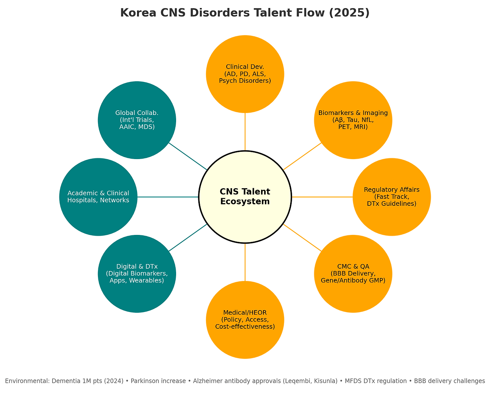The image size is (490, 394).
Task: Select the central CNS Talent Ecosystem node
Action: point(245,197)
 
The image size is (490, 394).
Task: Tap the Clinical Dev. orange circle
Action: point(245,57)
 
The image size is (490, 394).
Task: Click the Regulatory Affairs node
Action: point(392,218)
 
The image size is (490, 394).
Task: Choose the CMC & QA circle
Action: point(353,295)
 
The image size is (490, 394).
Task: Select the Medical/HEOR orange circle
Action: point(245,341)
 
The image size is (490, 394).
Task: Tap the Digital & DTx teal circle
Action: point(137,295)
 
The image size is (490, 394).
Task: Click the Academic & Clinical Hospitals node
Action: point(98,218)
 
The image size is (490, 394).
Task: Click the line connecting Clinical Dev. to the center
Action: point(245,132)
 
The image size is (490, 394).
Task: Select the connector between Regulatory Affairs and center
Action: point(322,197)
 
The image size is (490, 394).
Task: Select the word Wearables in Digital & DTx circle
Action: point(147,281)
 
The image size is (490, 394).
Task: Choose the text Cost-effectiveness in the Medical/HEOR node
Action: point(245,327)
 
